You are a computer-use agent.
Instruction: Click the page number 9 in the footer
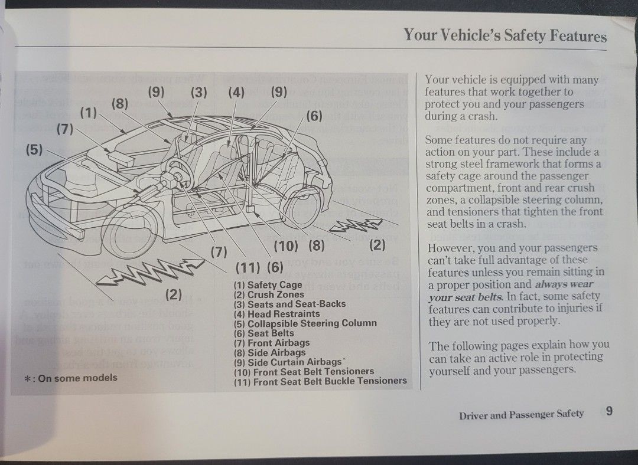pos(608,411)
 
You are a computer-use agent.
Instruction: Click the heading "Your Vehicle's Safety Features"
pos(505,35)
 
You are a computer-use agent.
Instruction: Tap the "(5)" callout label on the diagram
pos(34,149)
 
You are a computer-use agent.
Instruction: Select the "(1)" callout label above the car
pos(89,113)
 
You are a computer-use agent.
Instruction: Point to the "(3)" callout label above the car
pos(198,92)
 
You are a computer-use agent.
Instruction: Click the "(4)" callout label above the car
pos(236,92)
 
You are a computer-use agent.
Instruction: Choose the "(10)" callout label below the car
pos(286,245)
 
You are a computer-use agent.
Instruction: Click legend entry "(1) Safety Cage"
pos(268,285)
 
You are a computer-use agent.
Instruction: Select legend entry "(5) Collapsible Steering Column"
pos(305,323)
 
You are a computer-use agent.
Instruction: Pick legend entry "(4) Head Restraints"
pos(276,314)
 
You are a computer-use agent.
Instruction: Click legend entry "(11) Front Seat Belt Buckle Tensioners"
pos(320,381)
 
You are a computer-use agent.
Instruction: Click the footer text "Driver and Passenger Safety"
pos(521,414)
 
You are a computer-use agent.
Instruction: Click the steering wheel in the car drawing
pos(176,175)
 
